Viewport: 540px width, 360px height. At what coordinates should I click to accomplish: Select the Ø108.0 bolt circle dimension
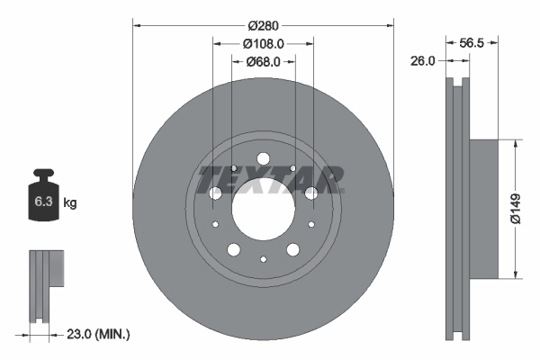[x=263, y=43]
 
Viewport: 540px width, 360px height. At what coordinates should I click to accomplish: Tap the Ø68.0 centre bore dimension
[x=263, y=62]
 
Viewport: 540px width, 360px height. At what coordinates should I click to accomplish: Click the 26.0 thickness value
[x=422, y=61]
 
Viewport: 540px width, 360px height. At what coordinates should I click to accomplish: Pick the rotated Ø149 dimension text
[x=516, y=208]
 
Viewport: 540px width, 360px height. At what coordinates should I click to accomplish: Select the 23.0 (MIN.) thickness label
[x=99, y=334]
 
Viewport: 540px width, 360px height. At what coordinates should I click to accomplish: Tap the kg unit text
[x=70, y=203]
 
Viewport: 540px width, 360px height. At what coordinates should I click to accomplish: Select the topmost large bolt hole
[x=263, y=159]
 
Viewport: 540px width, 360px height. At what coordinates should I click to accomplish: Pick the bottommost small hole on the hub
[x=263, y=259]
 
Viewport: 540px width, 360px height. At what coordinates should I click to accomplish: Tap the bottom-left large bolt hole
[x=233, y=249]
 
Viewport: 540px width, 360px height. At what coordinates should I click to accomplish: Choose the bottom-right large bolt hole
[x=292, y=249]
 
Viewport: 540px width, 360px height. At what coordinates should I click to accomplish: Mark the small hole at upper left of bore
[x=234, y=168]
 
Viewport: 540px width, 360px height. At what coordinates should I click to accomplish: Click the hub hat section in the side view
[x=482, y=208]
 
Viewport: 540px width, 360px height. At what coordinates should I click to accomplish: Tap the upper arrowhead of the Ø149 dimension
[x=516, y=142]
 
